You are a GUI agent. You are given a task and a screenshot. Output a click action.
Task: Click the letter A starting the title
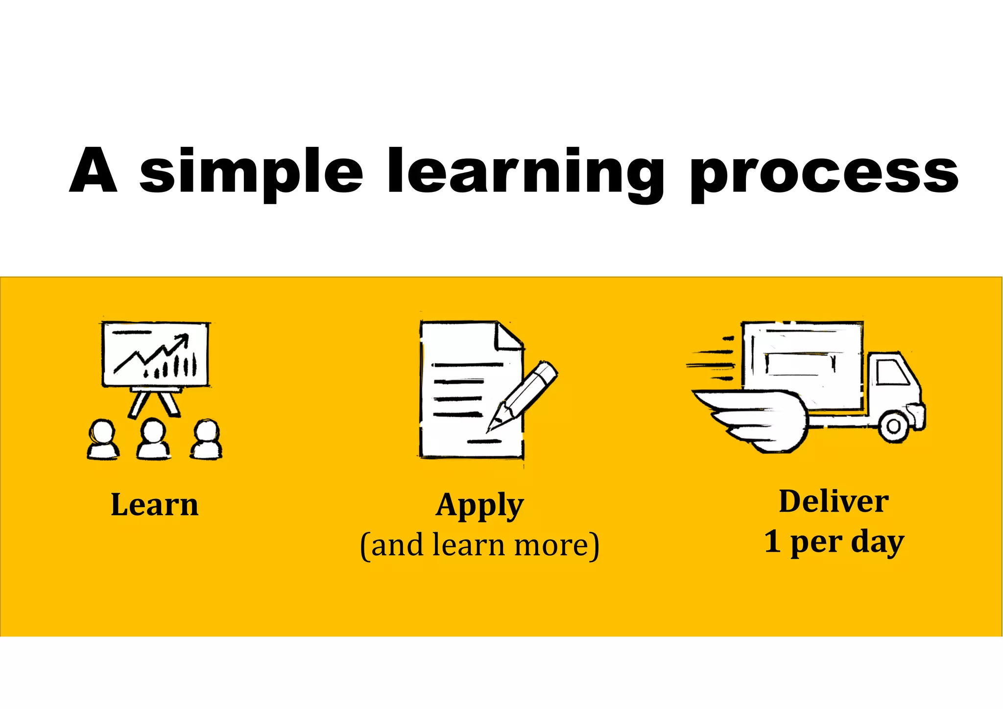coord(94,170)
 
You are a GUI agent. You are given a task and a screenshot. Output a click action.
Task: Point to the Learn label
coord(155,504)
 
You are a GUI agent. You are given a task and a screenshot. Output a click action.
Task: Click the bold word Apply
coord(479,505)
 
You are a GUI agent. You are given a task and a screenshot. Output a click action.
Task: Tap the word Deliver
coord(834,501)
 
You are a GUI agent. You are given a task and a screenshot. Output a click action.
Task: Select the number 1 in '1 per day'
coord(772,541)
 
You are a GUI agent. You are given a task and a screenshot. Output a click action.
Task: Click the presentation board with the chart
coord(155,354)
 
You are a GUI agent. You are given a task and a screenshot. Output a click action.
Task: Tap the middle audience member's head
coord(153,430)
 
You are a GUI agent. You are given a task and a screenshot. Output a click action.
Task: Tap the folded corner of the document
coord(510,337)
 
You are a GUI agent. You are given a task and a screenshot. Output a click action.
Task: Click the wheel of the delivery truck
coord(893,426)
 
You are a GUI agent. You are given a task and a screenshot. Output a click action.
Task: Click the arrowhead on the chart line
coord(184,338)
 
